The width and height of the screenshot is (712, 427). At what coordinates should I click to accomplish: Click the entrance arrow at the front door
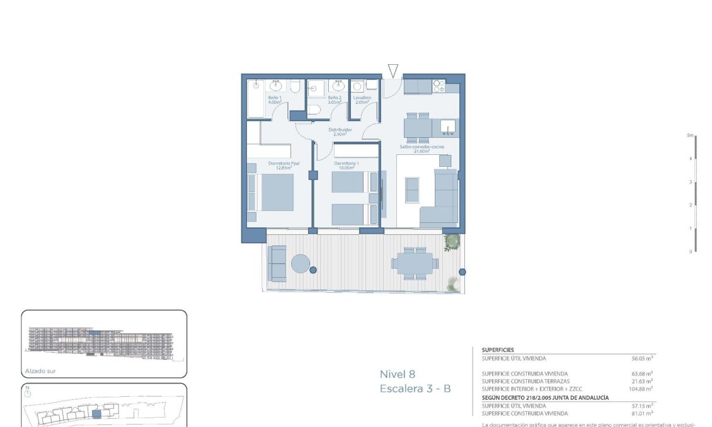393,70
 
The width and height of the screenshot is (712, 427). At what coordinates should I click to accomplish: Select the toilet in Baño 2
316,111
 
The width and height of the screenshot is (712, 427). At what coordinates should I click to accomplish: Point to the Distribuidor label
340,132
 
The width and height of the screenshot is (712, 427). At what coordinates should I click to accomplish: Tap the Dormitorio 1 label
346,166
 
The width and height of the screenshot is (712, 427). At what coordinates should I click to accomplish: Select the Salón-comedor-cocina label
421,149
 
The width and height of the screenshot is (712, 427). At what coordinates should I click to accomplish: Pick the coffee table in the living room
412,190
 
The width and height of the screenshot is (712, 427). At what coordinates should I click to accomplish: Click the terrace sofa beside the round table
277,263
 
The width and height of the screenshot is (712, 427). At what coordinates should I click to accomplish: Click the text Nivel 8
397,374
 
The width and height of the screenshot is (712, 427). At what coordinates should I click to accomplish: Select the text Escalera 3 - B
415,389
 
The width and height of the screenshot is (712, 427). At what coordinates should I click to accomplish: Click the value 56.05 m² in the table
642,358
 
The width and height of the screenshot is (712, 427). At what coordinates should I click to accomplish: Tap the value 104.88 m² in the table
641,389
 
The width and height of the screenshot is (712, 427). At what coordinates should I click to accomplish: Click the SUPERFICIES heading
498,350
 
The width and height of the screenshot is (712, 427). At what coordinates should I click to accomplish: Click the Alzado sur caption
40,371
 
